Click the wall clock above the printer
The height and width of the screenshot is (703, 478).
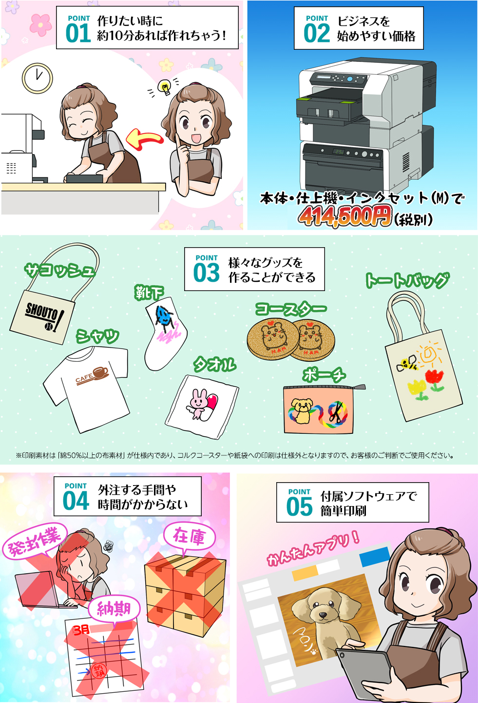point(38,78)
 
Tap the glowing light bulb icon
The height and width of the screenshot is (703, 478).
point(164,86)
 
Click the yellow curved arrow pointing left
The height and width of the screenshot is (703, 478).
point(144,139)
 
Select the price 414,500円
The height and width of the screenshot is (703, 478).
point(345,216)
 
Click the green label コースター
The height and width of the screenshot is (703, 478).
point(291,309)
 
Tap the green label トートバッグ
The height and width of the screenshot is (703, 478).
point(407,280)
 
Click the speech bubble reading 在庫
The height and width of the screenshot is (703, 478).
point(190,537)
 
